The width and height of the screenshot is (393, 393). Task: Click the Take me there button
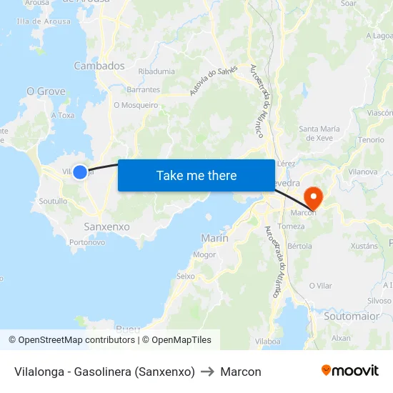196,175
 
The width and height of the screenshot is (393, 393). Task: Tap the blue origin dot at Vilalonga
80,171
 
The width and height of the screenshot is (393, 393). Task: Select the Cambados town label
99,66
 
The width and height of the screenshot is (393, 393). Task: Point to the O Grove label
46,91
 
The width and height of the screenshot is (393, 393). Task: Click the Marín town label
215,238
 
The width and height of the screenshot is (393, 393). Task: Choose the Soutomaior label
351,315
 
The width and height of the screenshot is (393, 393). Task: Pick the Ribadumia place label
156,71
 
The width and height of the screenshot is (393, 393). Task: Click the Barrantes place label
143,90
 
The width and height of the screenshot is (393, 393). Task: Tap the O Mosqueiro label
136,105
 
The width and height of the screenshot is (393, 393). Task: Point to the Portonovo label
87,242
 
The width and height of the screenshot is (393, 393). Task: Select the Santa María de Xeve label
319,133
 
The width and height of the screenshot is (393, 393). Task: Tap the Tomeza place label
291,227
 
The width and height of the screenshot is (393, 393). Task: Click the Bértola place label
299,246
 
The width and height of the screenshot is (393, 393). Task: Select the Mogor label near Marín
204,254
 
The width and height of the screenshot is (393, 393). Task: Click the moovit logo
349,371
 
